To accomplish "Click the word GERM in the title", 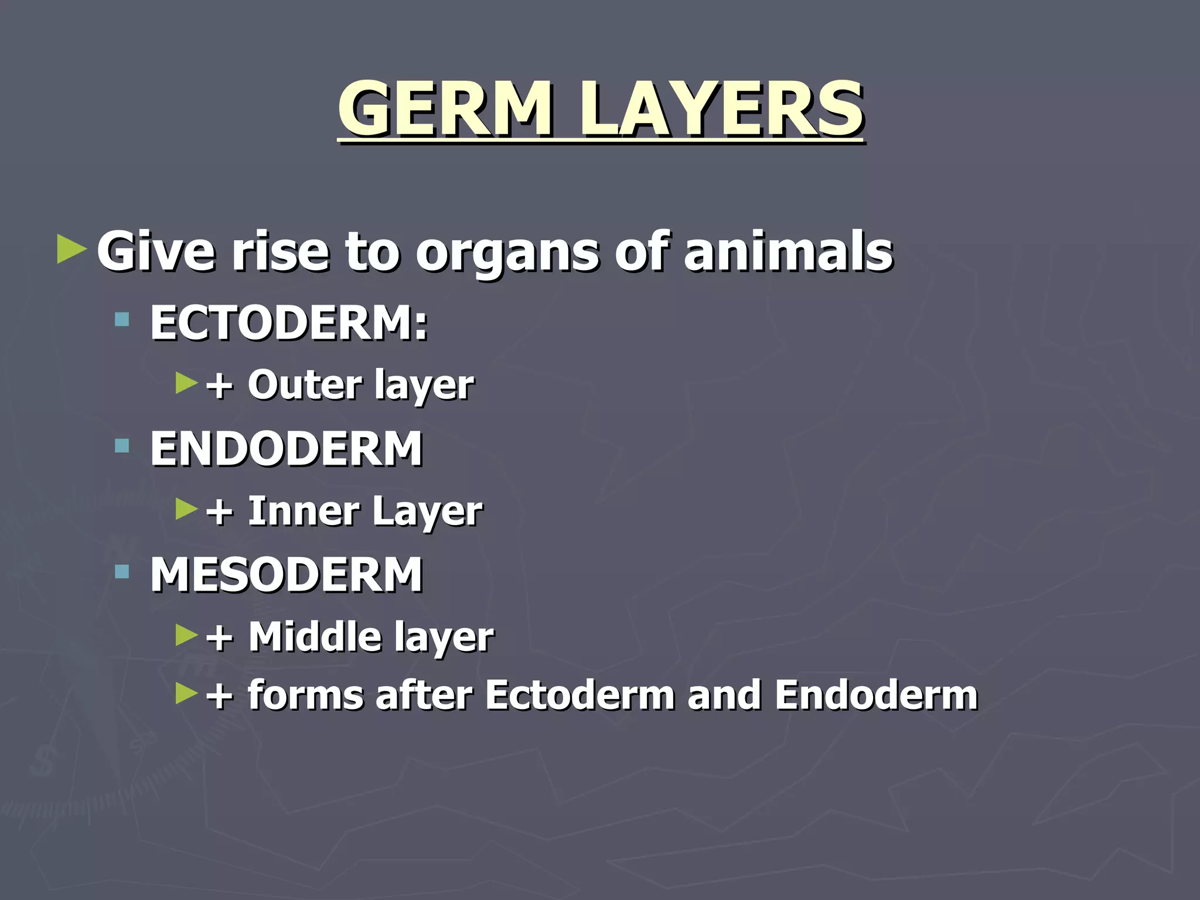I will [x=444, y=110].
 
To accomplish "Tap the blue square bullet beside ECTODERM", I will [x=122, y=320].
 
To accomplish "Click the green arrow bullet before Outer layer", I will [x=187, y=383].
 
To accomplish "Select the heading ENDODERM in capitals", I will [x=287, y=448].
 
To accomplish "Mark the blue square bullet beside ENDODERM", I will [x=122, y=446].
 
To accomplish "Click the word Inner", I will [x=303, y=511].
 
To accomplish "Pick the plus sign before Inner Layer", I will [x=220, y=512].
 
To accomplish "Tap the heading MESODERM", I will [x=287, y=575].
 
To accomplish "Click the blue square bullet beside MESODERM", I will [x=122, y=572].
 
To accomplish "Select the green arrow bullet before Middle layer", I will [x=187, y=635].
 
